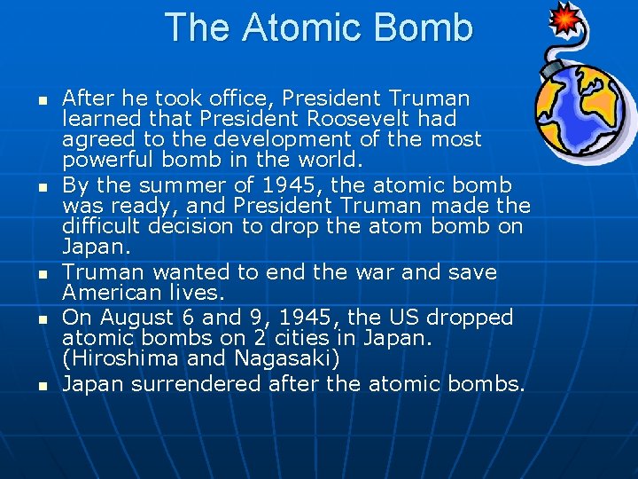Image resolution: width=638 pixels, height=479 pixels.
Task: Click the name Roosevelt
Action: (x=363, y=118)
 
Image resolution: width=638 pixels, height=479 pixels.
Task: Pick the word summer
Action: (x=191, y=185)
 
